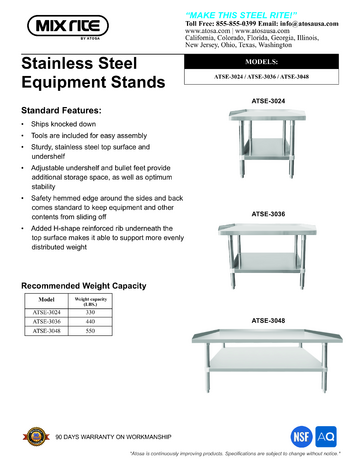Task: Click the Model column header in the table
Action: pyautogui.click(x=45, y=297)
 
